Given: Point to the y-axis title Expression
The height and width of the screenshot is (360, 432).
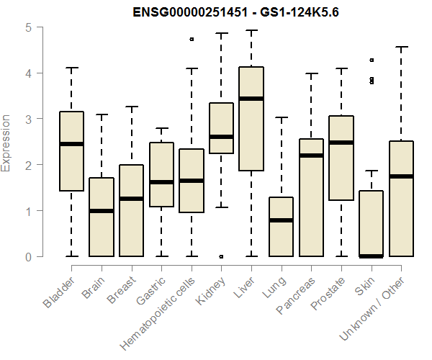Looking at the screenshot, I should tap(7, 143).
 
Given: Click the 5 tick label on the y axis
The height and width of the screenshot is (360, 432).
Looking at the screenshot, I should tap(28, 27).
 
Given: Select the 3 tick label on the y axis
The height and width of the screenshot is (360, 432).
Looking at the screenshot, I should tap(28, 119).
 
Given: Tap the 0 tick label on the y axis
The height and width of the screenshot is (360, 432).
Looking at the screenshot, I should tap(28, 256).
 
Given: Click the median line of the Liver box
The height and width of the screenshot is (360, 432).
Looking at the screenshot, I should tap(251, 98).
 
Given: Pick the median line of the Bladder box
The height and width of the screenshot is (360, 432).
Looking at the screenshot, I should tap(71, 143).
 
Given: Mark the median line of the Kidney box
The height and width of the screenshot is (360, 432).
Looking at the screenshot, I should tap(221, 136).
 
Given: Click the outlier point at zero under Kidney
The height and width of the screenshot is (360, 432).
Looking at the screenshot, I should tap(221, 256).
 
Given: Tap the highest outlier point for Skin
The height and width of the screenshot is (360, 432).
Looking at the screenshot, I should tap(372, 60).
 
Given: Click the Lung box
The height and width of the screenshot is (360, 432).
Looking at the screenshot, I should tap(282, 227).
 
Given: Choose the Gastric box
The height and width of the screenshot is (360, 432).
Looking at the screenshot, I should tap(161, 175).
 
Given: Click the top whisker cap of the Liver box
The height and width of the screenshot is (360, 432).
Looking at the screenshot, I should tap(251, 30).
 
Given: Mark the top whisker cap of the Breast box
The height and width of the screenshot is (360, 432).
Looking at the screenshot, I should tap(132, 107).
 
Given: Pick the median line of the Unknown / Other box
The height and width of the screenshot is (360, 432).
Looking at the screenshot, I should tap(401, 176).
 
